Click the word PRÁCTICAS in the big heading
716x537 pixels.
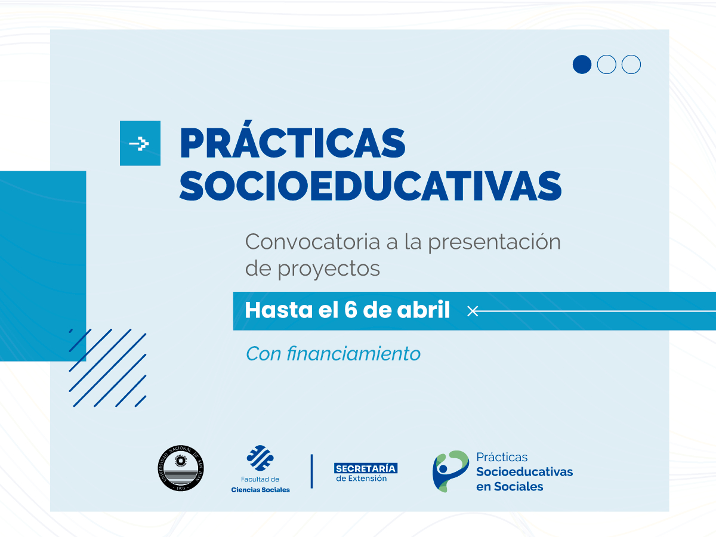coord(292,144)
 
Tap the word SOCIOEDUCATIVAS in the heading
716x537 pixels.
coord(370,186)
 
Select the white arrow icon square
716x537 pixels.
coord(140,143)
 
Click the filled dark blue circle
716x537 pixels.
coord(582,64)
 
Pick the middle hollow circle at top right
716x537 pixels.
coord(606,64)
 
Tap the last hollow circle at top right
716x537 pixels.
coord(631,64)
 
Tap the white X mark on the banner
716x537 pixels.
coord(473,311)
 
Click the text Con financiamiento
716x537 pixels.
coord(333,354)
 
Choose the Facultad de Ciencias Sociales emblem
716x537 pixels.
coord(260,458)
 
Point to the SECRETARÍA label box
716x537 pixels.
coord(365,468)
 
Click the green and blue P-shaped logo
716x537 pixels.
coord(449,471)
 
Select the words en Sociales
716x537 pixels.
coord(510,486)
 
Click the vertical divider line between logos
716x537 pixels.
coord(311,471)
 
